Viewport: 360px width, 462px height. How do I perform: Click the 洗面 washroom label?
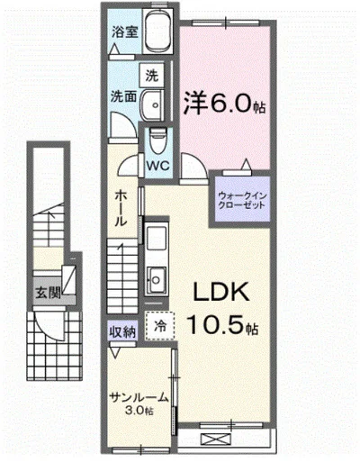click(x=123, y=95)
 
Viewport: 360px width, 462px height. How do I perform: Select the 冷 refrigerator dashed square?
click(x=160, y=325)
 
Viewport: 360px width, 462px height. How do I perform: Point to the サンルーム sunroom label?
click(x=138, y=397)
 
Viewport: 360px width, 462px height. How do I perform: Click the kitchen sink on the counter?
click(x=157, y=276)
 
